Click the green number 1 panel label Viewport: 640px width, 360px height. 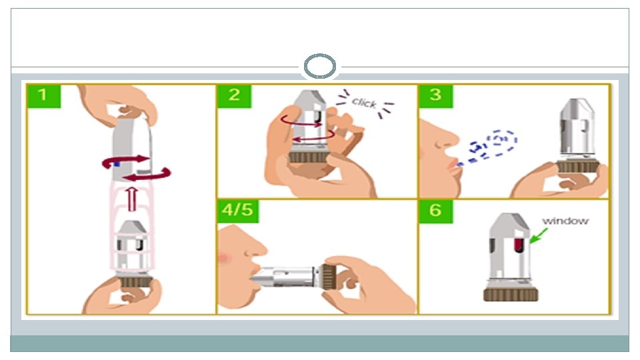43,95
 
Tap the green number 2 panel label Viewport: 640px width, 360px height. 235,95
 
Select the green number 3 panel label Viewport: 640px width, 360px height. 435,95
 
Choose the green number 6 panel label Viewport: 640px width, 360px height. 435,211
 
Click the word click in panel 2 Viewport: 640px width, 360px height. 364,103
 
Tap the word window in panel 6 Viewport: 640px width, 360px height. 565,221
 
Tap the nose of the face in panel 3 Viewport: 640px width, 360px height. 451,140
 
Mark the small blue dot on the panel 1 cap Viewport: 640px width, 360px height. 117,162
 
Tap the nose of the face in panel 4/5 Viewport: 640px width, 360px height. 259,252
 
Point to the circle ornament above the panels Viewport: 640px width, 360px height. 319,68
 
